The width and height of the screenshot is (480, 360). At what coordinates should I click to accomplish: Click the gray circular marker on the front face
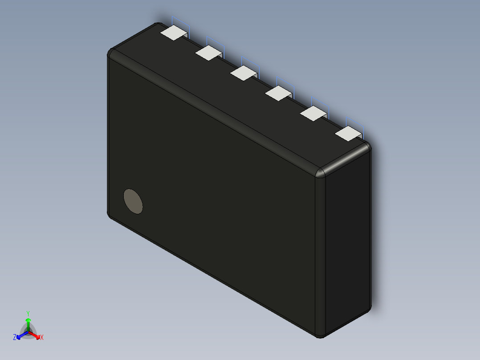point(133,201)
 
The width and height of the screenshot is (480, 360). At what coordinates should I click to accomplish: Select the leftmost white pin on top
point(173,33)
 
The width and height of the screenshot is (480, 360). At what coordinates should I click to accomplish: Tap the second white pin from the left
point(208,53)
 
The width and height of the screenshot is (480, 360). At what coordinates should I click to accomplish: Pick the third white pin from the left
point(243,73)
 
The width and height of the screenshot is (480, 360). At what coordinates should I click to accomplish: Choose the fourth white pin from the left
point(278,93)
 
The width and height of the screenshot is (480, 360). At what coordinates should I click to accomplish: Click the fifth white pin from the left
point(313,113)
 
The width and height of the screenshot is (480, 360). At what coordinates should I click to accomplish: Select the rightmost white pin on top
point(348,133)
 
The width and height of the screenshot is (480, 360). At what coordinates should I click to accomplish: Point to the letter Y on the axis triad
point(28,313)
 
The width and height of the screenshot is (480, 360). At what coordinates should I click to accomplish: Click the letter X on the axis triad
point(42,338)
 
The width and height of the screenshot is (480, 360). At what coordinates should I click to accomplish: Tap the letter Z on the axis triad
point(15,338)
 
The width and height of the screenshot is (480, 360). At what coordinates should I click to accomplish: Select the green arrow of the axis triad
point(28,323)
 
